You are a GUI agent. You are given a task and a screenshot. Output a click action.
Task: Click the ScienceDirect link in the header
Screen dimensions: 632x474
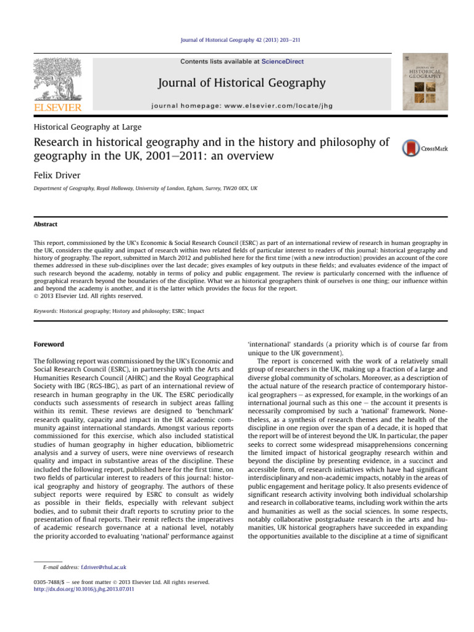click(283, 62)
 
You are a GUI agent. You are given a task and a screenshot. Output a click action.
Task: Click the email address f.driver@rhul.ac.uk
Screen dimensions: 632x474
click(90, 565)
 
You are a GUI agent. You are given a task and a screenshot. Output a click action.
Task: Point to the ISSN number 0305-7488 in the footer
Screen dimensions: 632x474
click(49, 582)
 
